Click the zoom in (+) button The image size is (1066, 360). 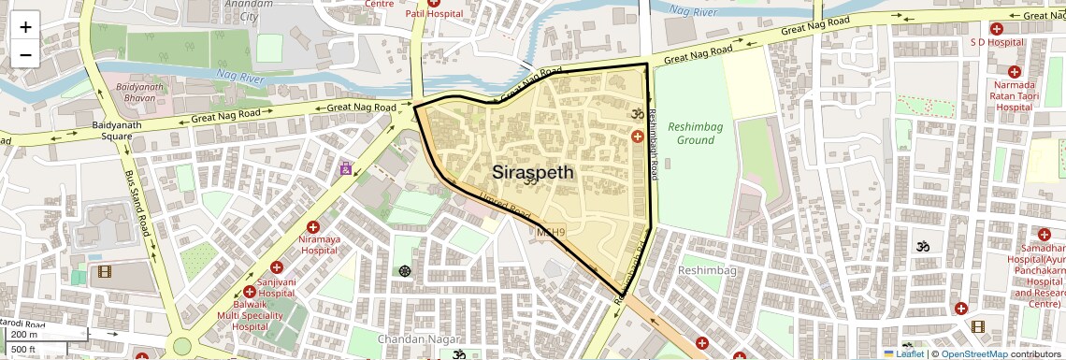point(25,27)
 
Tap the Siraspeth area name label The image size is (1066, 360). point(533,173)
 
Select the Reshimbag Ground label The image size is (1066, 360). point(696,133)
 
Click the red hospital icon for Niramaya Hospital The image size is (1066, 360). point(313,227)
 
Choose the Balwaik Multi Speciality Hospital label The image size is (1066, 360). point(237,316)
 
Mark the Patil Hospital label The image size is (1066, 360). point(434,14)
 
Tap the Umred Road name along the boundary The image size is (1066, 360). point(504,206)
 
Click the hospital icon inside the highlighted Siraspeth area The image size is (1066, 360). point(638,137)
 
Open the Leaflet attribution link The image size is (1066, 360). point(903,353)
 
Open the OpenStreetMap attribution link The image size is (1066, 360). point(973,353)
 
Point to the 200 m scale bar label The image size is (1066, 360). point(25,334)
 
